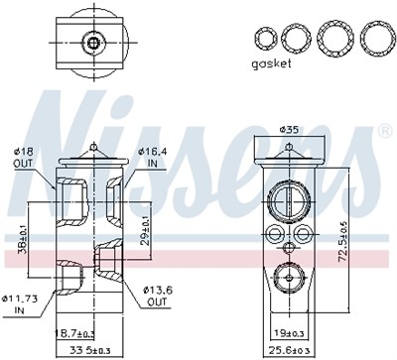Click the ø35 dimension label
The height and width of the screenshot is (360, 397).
[x=289, y=129]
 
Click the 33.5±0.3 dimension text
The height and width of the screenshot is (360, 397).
[x=90, y=351]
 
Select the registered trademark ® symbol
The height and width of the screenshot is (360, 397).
[x=384, y=130]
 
